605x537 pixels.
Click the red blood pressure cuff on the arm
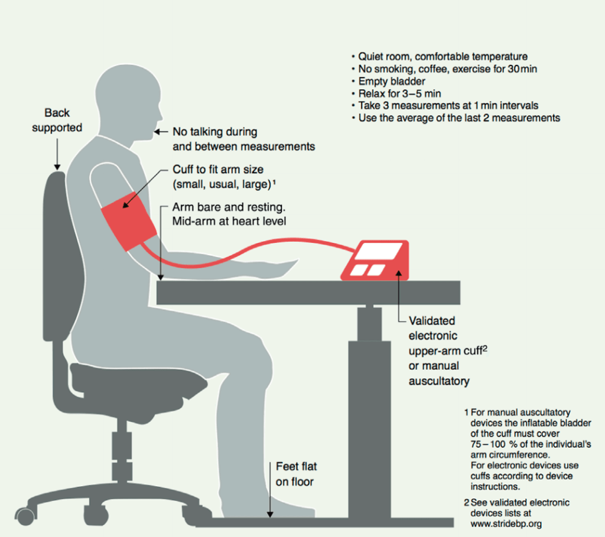point(129,221)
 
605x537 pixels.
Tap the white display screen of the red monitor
point(379,251)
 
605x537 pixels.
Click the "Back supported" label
point(57,120)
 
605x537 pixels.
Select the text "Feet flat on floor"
point(297,474)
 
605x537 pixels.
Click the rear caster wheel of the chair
point(25,516)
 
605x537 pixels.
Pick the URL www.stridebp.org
point(506,524)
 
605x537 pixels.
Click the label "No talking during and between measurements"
point(243,139)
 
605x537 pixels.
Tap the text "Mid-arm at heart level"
point(229,222)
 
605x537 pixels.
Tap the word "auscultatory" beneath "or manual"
point(439,381)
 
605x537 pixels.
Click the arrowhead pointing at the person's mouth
point(157,132)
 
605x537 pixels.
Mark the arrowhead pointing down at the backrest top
point(57,167)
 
